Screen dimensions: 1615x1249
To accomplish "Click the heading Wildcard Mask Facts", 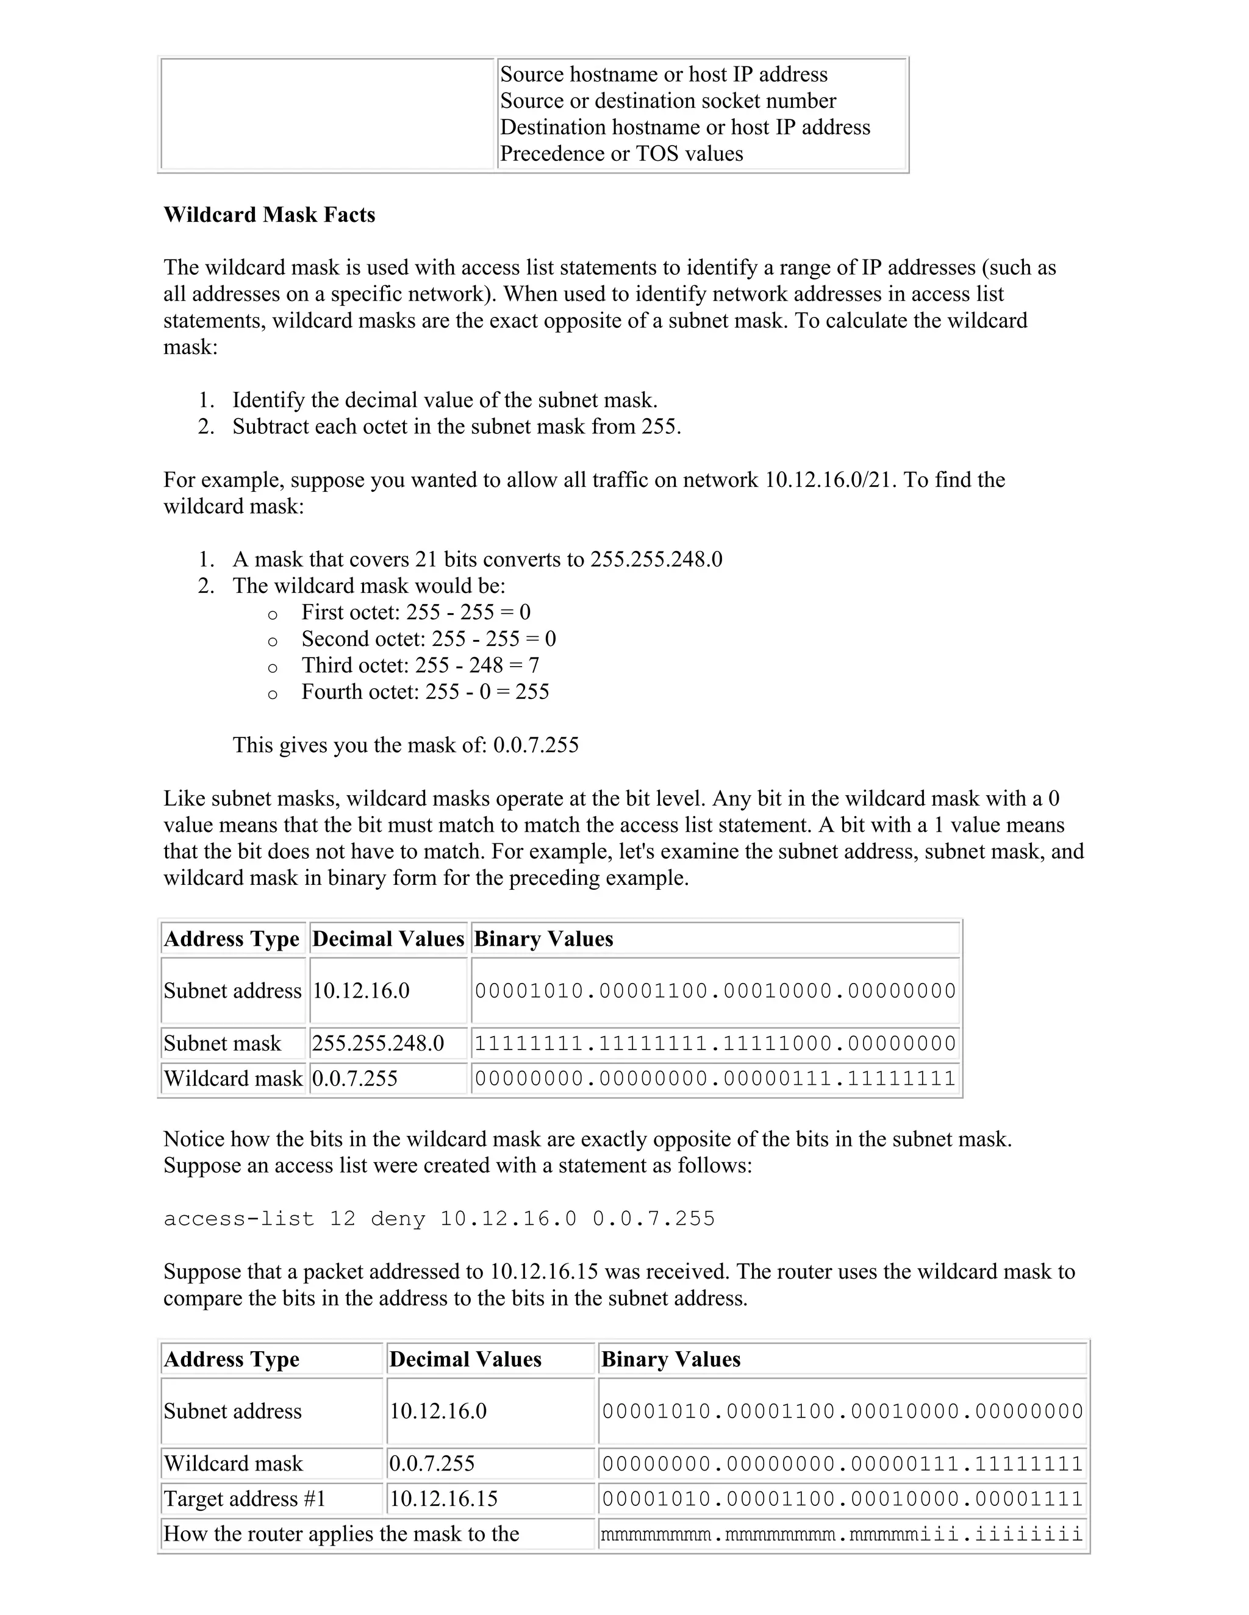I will click(270, 215).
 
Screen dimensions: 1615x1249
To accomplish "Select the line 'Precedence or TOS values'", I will click(621, 154).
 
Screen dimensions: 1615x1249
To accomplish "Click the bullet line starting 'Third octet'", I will click(420, 666).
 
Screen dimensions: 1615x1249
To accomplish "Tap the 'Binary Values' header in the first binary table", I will click(544, 939).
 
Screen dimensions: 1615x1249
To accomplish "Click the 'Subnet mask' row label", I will click(222, 1043).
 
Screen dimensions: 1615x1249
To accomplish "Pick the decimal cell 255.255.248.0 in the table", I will click(378, 1043).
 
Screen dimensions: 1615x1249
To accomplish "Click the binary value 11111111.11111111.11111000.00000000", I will click(715, 1044).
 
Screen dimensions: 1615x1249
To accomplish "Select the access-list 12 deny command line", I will click(440, 1219).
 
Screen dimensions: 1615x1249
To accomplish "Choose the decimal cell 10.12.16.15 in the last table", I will click(444, 1499).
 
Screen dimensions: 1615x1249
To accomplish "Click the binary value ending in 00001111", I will click(842, 1500).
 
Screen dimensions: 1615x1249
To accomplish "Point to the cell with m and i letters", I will click(842, 1535).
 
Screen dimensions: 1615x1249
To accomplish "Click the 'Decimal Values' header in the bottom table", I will click(465, 1359).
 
